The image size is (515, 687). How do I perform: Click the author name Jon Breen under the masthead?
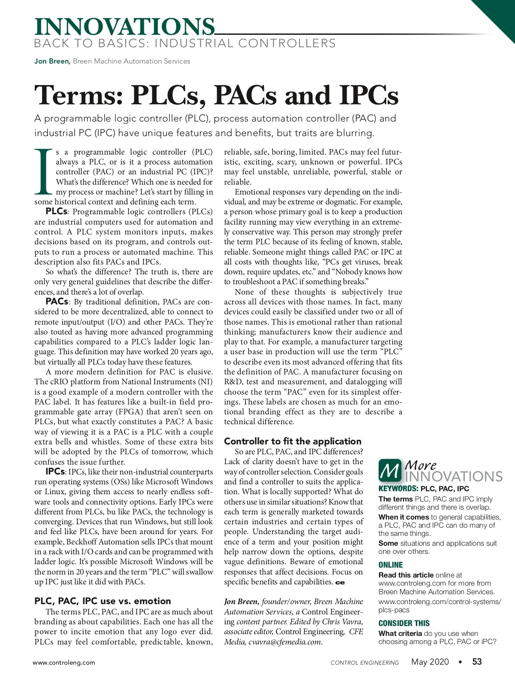click(x=52, y=61)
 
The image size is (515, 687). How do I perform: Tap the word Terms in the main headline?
click(x=79, y=95)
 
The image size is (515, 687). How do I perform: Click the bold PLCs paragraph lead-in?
click(x=56, y=212)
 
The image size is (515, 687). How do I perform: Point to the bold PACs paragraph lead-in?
click(x=57, y=302)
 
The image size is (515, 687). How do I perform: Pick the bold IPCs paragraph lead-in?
click(x=55, y=471)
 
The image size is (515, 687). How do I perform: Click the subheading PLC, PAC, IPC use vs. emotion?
click(x=103, y=601)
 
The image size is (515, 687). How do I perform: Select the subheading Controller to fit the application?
click(x=293, y=441)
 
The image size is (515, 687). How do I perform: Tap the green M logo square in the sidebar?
click(x=390, y=470)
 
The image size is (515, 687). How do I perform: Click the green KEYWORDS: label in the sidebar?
click(x=398, y=489)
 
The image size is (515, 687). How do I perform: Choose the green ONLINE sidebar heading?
click(x=391, y=565)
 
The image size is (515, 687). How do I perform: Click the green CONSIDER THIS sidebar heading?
click(x=404, y=623)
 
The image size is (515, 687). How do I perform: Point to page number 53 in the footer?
click(x=477, y=662)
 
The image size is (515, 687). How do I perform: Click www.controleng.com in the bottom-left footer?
click(x=64, y=663)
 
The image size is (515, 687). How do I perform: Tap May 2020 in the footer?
click(x=430, y=662)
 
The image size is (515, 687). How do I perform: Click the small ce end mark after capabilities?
click(x=340, y=583)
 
